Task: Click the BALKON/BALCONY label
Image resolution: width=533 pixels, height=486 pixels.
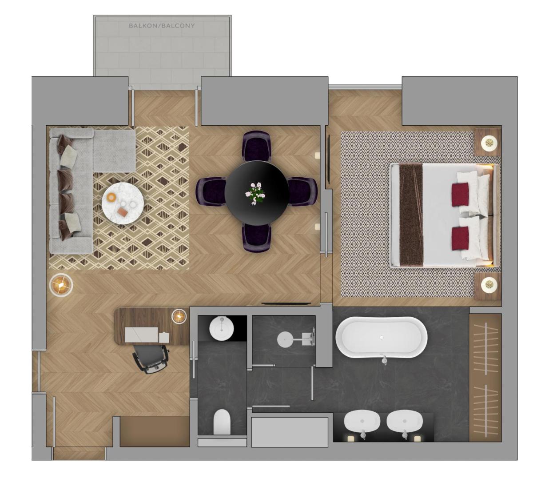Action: point(162,26)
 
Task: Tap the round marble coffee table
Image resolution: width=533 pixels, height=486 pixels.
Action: point(123,203)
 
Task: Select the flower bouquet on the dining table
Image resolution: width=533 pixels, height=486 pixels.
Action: point(255,193)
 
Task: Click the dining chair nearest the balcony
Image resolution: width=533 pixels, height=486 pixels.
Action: point(257,146)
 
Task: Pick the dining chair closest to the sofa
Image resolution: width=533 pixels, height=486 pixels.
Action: point(211,191)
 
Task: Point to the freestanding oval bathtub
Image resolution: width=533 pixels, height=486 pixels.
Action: point(381,338)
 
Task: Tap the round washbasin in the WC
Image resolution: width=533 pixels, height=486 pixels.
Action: point(221,329)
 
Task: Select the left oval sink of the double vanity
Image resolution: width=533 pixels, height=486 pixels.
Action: point(362,422)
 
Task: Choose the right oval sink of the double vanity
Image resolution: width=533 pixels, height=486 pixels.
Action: point(404,422)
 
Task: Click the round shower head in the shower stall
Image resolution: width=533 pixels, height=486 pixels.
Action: point(285,339)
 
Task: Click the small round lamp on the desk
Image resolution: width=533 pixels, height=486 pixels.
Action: point(179,316)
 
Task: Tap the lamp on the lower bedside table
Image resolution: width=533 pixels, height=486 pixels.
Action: point(489,285)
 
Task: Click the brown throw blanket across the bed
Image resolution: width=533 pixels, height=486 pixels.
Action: point(411,215)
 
